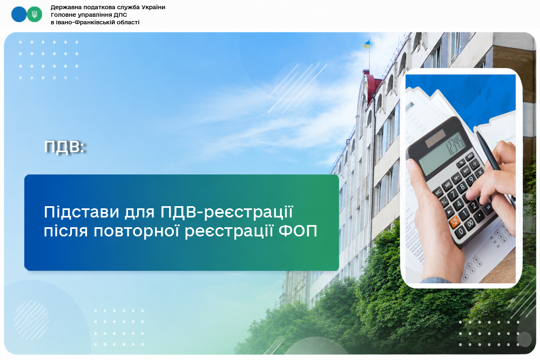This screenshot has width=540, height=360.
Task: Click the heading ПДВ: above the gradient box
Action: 65,147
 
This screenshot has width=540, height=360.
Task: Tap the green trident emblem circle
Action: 35,14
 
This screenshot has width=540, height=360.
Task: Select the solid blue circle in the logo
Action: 19,14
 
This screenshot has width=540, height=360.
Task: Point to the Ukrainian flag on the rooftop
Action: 367,44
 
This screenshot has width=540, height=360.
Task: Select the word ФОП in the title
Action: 298,231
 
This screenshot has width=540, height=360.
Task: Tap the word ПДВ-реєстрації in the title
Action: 227,212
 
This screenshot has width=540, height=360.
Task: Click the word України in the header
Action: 153,7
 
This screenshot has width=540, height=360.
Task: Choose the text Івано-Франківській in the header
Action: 82,22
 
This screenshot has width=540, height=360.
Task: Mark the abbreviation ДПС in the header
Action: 120,15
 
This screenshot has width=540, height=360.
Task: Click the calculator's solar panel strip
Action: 435,138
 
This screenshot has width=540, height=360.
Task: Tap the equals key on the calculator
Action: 488,208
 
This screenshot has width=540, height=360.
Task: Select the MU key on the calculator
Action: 469,157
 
